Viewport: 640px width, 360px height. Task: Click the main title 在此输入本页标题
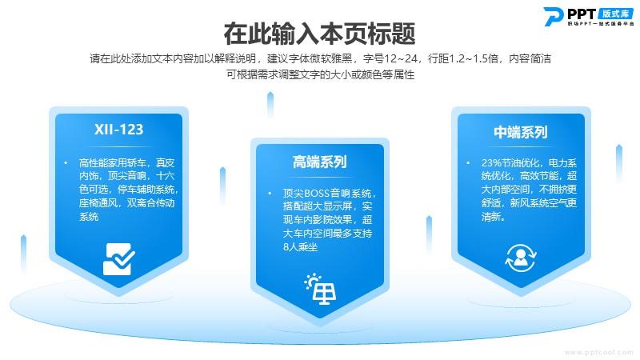(x=319, y=34)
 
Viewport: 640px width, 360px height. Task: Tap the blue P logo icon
(x=554, y=16)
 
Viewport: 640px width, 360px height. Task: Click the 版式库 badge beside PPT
(x=616, y=14)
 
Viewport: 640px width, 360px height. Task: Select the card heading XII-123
(x=118, y=130)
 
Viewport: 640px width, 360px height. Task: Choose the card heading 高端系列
(x=319, y=162)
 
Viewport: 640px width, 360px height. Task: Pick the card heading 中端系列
(x=521, y=132)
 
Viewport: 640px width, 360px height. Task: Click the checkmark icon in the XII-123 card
(x=118, y=258)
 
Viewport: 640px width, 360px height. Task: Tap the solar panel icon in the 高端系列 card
(x=321, y=289)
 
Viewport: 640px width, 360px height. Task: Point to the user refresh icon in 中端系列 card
(x=521, y=258)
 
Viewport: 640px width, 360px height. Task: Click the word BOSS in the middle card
(x=317, y=193)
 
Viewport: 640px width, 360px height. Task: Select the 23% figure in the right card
(x=491, y=163)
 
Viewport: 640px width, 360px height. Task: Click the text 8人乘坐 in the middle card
(x=301, y=247)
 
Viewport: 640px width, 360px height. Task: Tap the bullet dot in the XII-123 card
(x=66, y=163)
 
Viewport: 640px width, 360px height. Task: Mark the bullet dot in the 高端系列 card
(x=270, y=193)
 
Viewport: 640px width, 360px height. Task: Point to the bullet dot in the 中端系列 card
(x=468, y=163)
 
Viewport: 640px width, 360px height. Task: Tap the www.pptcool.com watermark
(x=598, y=352)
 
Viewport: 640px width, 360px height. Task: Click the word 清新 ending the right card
(x=491, y=217)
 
